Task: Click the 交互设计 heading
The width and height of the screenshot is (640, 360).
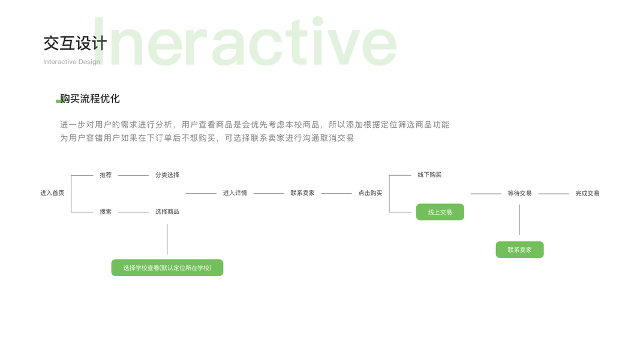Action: [x=75, y=43]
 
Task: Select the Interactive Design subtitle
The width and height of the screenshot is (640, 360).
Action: [x=71, y=62]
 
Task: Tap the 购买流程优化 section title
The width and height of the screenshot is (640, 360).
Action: [x=90, y=99]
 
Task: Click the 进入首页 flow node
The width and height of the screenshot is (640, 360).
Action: [x=52, y=193]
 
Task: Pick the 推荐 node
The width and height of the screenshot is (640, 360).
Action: [x=106, y=175]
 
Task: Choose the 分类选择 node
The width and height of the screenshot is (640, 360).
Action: [x=167, y=175]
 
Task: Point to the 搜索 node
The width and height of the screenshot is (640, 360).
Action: [x=106, y=212]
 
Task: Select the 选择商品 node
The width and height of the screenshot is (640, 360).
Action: [x=167, y=212]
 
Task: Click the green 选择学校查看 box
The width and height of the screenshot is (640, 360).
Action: [x=167, y=268]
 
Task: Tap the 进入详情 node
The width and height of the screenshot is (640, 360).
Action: [x=235, y=193]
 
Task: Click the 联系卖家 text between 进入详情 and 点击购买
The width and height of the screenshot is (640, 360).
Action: [x=302, y=193]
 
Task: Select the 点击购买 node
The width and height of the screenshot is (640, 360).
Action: [x=370, y=193]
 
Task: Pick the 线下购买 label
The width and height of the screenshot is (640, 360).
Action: [x=429, y=175]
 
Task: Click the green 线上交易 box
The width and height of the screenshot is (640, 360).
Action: [x=440, y=212]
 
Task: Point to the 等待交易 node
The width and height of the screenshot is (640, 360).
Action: [x=519, y=193]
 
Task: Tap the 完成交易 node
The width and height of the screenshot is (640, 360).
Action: [x=587, y=193]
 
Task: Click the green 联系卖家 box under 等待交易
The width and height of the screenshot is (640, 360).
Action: [x=519, y=250]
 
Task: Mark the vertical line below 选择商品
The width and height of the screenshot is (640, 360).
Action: [x=167, y=239]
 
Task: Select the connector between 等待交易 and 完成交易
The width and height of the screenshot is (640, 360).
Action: [x=553, y=194]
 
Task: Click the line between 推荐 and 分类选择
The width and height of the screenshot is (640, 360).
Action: [x=133, y=175]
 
